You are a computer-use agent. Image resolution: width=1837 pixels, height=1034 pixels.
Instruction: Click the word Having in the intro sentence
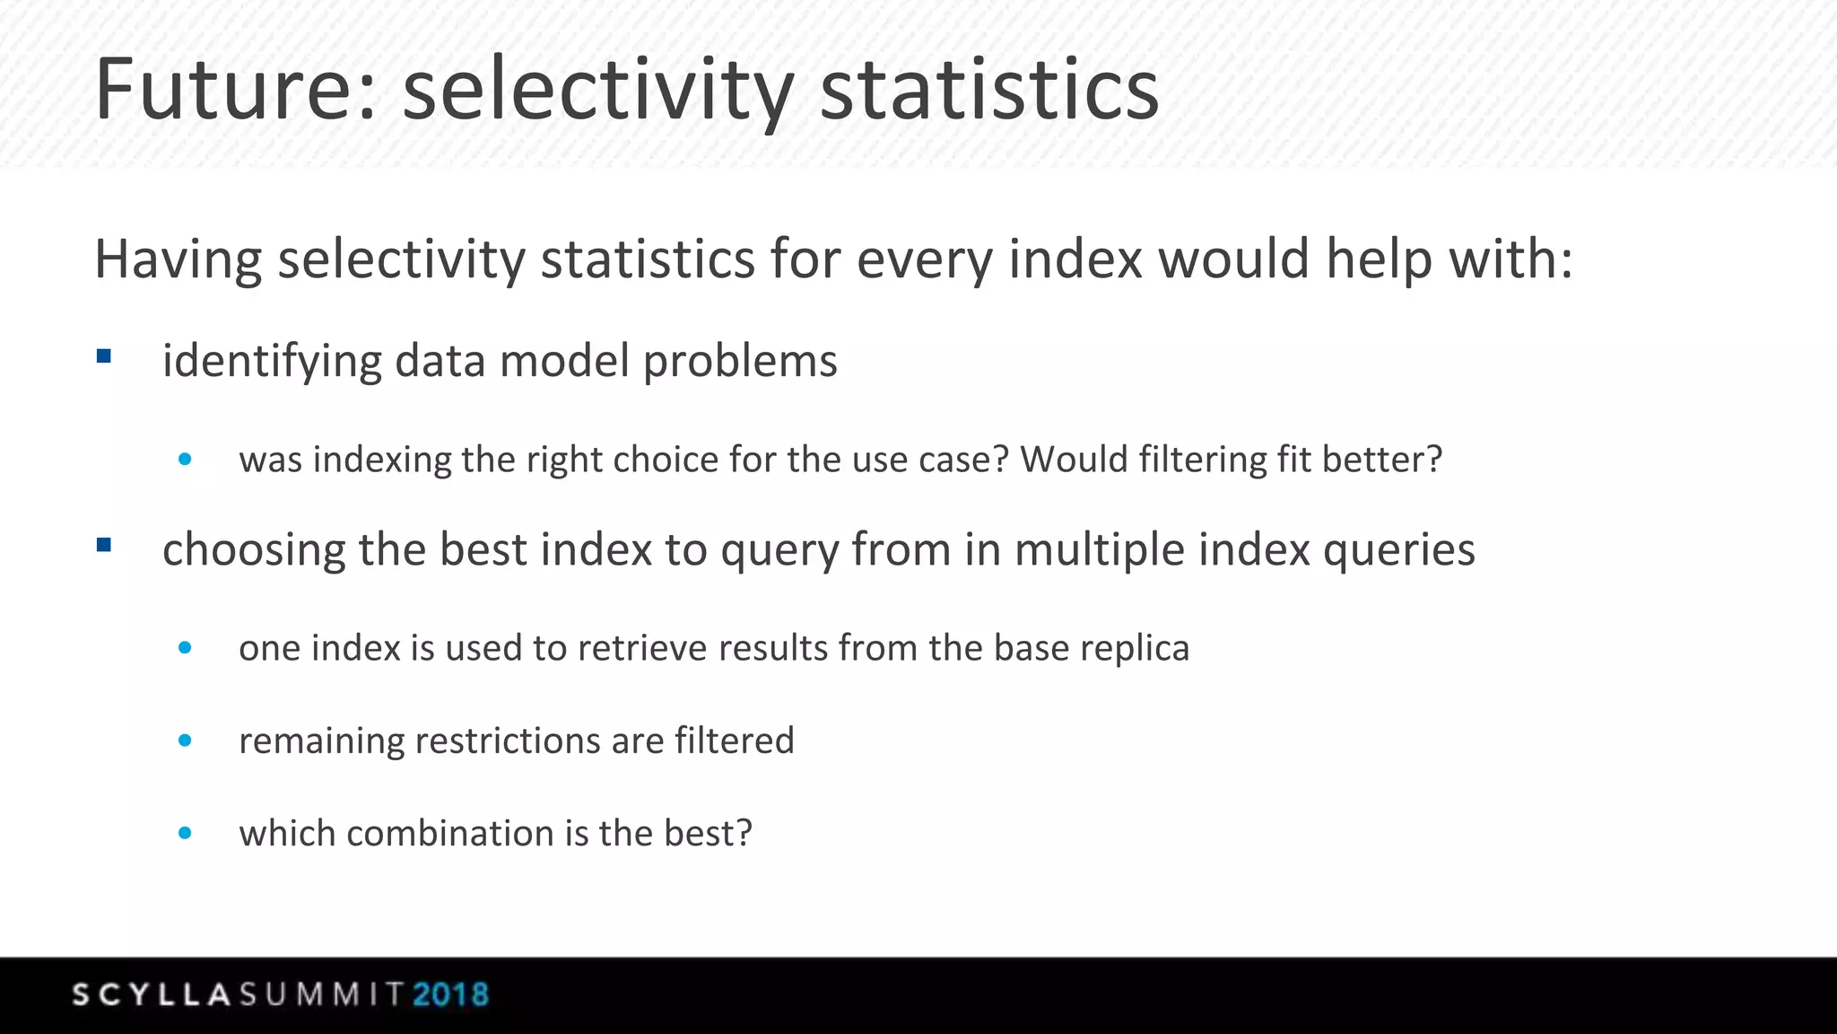[178, 260]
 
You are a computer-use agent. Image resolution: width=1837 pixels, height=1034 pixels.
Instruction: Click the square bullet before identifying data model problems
[104, 357]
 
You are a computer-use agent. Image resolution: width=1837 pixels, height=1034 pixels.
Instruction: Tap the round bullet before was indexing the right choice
[185, 460]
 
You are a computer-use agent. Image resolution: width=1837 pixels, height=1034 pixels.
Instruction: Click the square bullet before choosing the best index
[104, 545]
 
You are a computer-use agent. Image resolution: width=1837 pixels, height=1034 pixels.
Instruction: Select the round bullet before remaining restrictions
[185, 740]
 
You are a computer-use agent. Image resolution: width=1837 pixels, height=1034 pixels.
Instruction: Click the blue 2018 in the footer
[450, 995]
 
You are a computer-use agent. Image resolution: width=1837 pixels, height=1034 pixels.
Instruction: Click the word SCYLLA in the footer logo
[152, 995]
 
